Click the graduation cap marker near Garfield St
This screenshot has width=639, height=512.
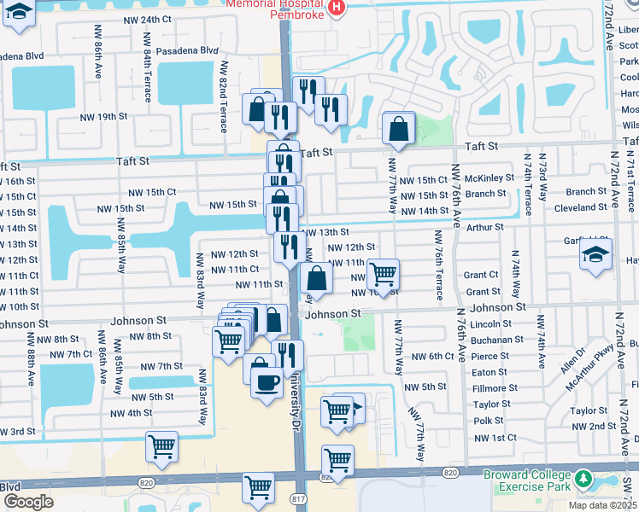click(595, 255)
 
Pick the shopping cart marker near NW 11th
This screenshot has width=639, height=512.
click(384, 274)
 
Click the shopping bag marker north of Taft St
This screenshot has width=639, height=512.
click(398, 129)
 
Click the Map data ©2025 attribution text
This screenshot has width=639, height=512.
click(602, 505)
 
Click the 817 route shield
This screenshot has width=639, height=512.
click(298, 498)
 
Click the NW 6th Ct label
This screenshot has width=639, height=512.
click(431, 356)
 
